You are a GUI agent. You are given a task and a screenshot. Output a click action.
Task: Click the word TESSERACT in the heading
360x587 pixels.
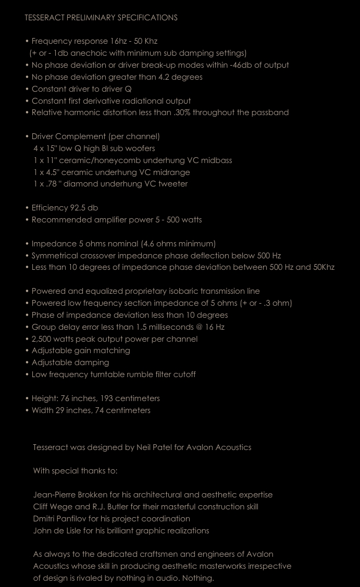(x=44, y=18)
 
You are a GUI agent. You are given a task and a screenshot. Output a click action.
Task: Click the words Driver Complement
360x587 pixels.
(x=69, y=136)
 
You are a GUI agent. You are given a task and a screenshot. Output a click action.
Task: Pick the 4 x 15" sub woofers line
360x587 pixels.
(x=94, y=148)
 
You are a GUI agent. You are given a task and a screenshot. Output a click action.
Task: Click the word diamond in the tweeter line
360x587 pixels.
(x=81, y=184)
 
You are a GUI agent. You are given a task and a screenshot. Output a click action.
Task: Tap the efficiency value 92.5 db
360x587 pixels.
(x=84, y=208)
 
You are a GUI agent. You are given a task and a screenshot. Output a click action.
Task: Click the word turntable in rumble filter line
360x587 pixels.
(x=106, y=374)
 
